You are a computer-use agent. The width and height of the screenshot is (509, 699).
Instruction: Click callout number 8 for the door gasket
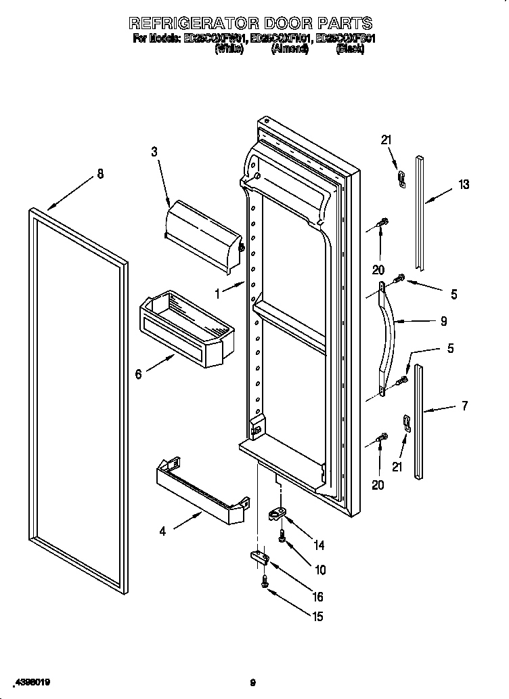[x=100, y=174]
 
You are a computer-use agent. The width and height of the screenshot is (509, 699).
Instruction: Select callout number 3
[x=154, y=152]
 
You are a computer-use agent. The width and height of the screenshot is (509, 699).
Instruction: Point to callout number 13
[x=463, y=184]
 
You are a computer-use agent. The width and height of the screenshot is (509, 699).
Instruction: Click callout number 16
[x=317, y=597]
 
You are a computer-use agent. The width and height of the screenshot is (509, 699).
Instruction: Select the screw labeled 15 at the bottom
[x=264, y=581]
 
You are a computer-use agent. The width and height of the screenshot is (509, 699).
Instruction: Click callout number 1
[x=217, y=294]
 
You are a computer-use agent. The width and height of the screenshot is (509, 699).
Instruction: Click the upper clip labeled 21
[x=401, y=179]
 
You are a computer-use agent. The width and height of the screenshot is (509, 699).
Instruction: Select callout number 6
[x=139, y=374]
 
